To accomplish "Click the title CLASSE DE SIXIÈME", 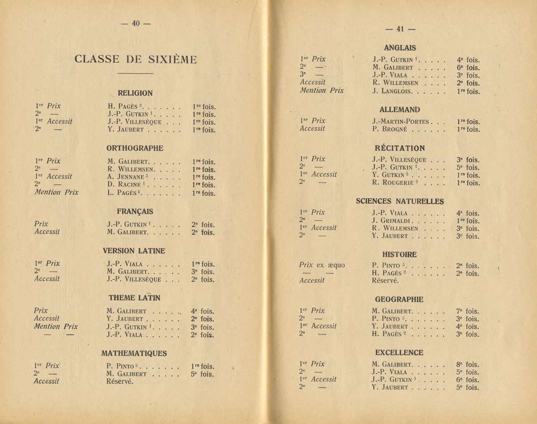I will tap(135, 59).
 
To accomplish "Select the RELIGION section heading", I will tap(135, 93).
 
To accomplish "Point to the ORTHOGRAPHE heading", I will tap(135, 148).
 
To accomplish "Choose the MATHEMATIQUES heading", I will tap(135, 353).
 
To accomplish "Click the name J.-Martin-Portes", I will tap(400, 121).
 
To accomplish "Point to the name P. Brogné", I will tap(389, 130).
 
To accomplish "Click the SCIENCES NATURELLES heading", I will tap(400, 201).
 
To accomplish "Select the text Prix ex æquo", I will tap(322, 265).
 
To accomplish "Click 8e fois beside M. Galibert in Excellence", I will tap(468, 364).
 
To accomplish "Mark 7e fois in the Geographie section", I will tap(468, 311).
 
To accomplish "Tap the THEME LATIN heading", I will tap(135, 297).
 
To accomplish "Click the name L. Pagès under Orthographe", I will tap(121, 193).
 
